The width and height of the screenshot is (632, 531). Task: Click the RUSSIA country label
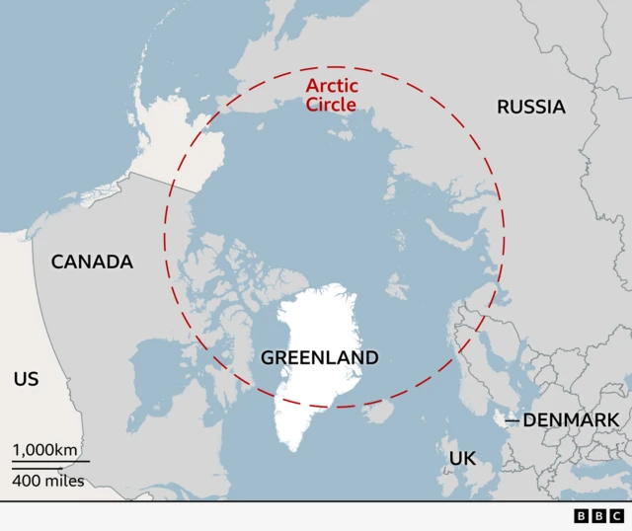(531, 107)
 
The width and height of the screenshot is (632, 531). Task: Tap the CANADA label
(92, 262)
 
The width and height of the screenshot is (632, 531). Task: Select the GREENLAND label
(319, 357)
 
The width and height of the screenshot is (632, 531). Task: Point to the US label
(27, 378)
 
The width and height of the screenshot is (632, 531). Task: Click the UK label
(462, 458)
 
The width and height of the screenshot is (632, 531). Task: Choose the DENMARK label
(571, 420)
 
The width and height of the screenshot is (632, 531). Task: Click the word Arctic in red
(332, 86)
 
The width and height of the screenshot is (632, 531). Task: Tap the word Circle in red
(332, 104)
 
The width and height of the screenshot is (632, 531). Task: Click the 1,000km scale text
(44, 450)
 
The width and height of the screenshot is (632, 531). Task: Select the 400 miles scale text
(48, 482)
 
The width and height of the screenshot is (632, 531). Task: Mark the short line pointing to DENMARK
(512, 421)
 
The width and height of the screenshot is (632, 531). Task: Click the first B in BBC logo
(581, 515)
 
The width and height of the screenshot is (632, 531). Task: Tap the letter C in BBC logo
(616, 515)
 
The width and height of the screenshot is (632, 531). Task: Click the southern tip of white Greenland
(293, 448)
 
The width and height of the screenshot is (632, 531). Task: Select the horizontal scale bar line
(50, 462)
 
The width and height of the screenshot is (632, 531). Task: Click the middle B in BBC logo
(598, 515)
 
